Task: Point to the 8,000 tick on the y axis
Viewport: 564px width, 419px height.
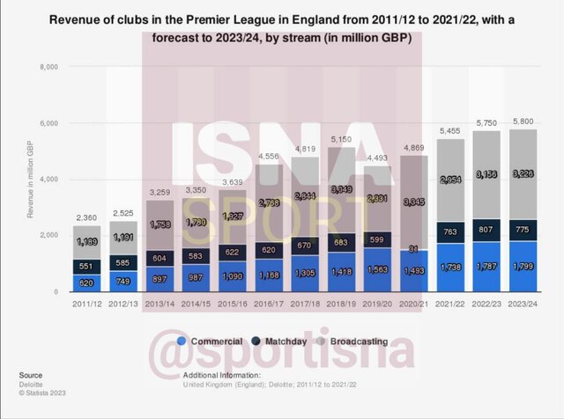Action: [x=46, y=67]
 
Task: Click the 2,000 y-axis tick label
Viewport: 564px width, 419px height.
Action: [x=46, y=236]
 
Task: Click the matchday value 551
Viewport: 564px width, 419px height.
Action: [x=86, y=266]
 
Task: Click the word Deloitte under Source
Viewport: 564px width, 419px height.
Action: [x=32, y=385]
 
